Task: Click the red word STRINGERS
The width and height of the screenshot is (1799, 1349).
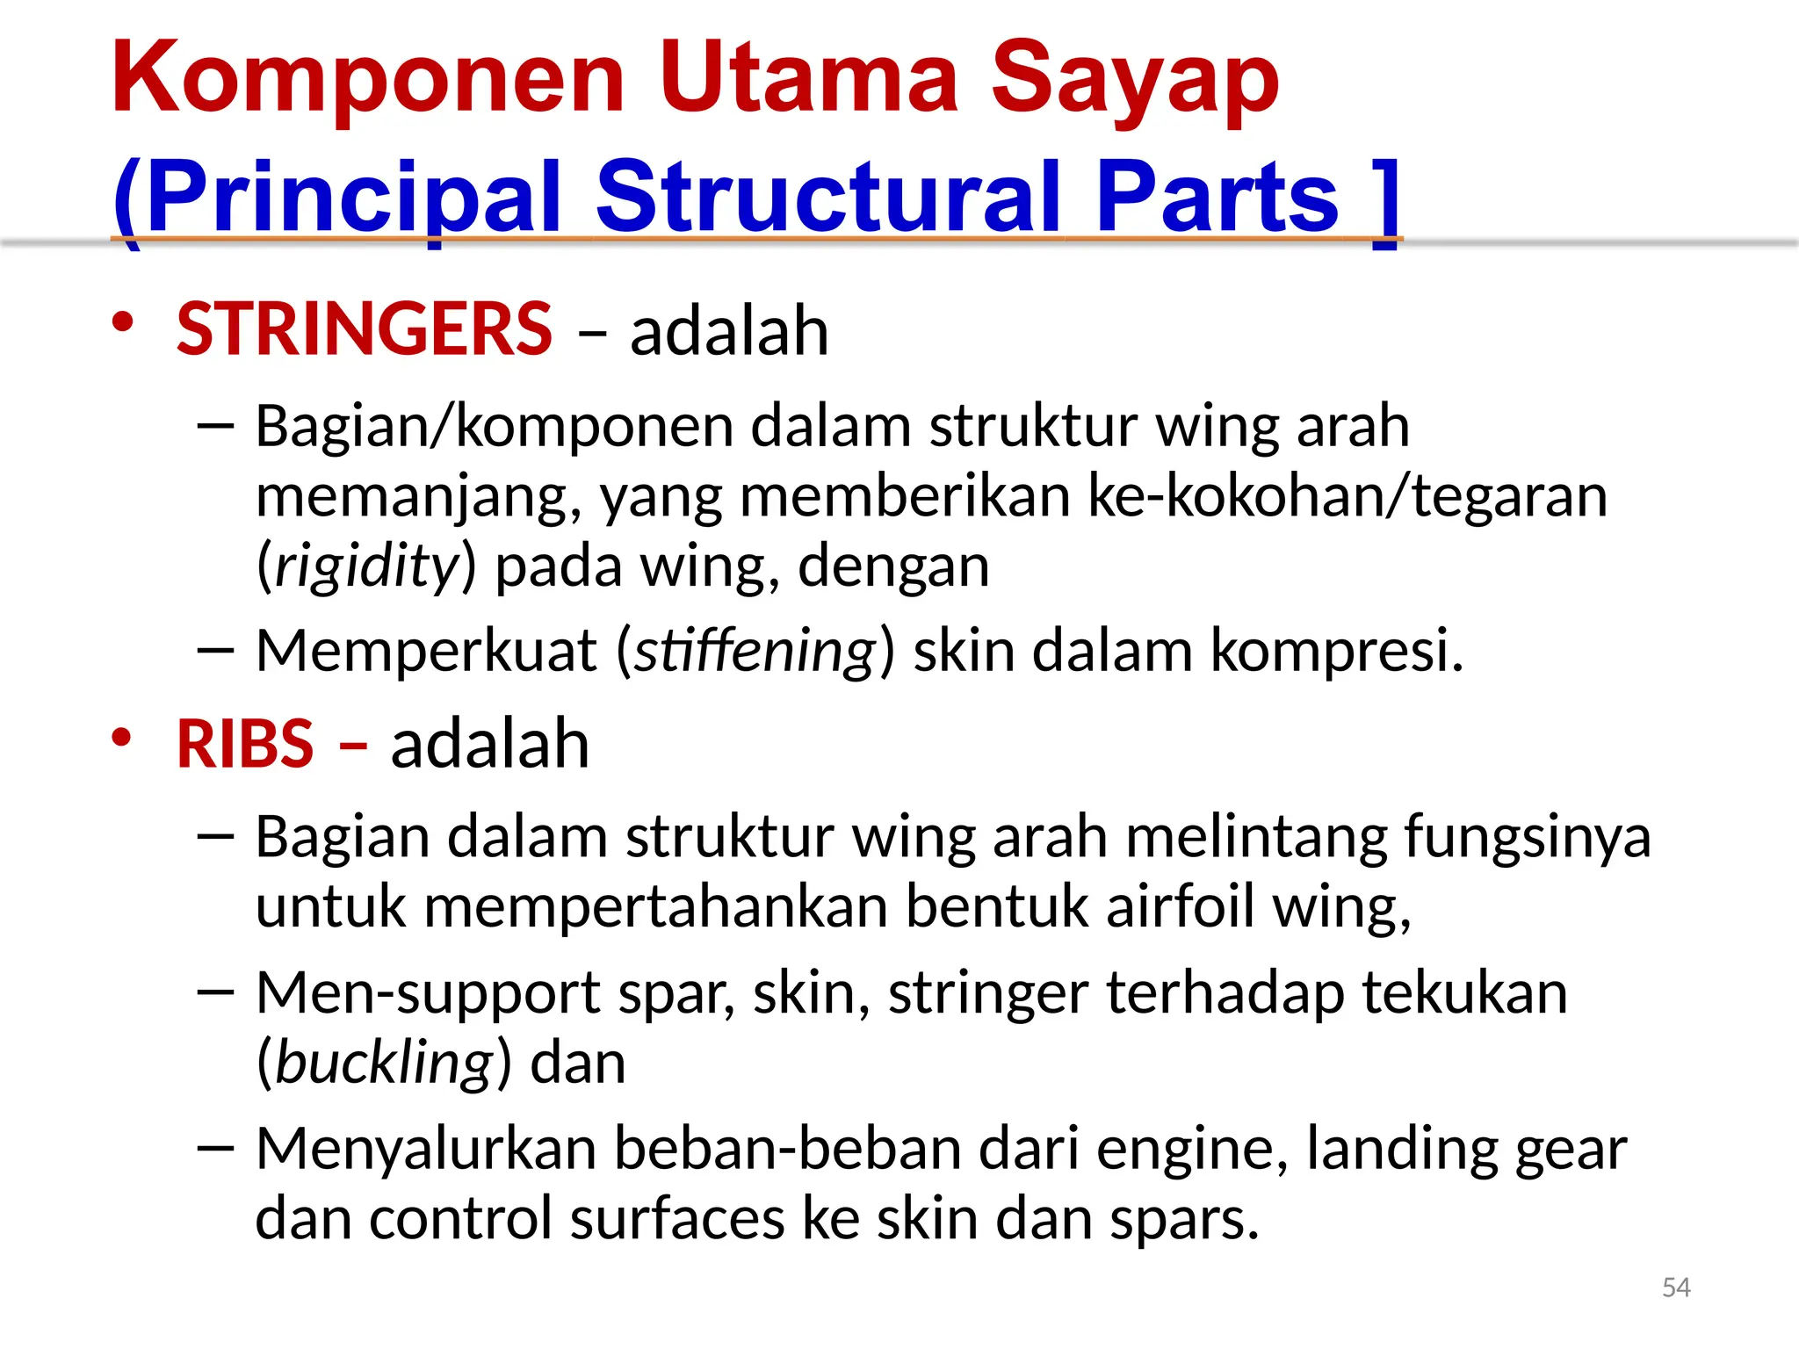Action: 364,329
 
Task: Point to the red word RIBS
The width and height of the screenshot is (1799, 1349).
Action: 245,743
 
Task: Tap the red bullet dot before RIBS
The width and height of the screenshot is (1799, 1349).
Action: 122,736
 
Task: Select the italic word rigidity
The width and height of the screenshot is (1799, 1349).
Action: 367,566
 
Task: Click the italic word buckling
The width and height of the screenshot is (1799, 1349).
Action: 385,1063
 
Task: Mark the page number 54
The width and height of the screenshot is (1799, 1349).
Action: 1676,1288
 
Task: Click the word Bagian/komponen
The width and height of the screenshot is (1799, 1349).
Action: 495,427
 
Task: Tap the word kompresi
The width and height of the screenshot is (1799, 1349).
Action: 1337,651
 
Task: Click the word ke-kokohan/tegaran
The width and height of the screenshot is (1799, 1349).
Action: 1347,497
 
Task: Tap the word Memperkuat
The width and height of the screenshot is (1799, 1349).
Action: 425,651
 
